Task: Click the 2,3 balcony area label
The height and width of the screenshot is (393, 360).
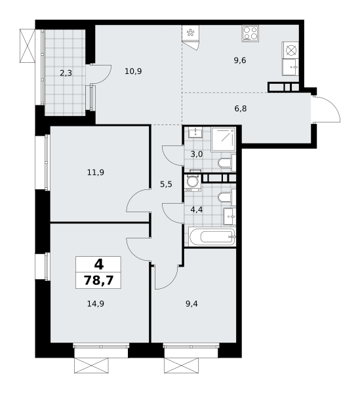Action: [66, 73]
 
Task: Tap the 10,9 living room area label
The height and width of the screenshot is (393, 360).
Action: [133, 71]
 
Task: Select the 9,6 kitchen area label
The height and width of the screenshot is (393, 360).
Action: [240, 60]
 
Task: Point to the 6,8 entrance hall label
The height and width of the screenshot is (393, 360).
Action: [241, 109]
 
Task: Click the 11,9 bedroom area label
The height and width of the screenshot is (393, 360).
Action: [96, 172]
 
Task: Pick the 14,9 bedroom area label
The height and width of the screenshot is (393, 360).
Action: [96, 304]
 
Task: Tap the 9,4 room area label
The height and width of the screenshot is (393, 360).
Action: [191, 304]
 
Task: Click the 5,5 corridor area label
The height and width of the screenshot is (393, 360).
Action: [166, 185]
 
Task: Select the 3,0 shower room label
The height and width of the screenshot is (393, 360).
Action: [197, 154]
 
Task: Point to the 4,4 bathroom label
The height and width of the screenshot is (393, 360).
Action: [197, 210]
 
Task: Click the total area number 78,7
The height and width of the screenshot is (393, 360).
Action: [98, 280]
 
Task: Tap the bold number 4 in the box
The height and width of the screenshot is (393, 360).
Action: [99, 265]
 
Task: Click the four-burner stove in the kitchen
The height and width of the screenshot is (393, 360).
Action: [250, 33]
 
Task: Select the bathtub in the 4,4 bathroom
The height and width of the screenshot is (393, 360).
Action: [212, 236]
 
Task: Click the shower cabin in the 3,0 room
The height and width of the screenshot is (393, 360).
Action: [223, 140]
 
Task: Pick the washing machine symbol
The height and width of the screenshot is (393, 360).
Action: [193, 183]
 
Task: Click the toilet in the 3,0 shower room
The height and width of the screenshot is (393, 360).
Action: [227, 163]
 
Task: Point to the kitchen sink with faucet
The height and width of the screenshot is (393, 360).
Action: [290, 67]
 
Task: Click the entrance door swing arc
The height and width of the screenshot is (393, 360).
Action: [331, 105]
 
